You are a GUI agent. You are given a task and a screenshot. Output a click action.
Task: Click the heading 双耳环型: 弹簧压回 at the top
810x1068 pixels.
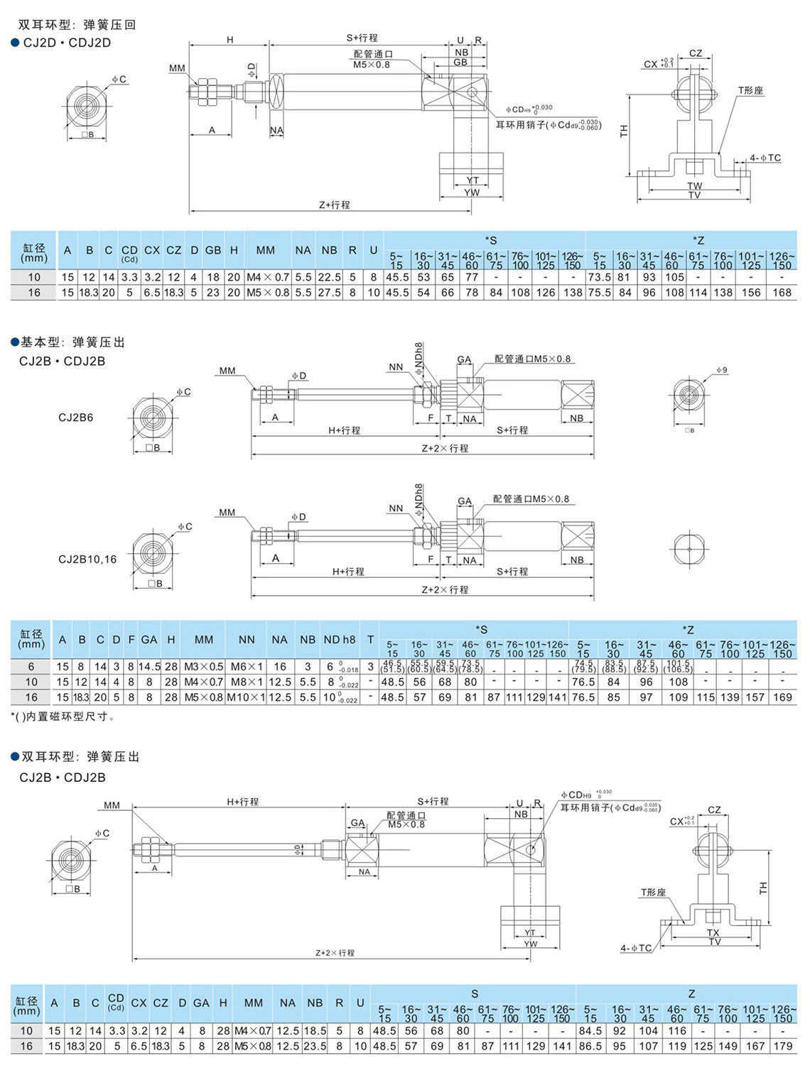click(x=77, y=25)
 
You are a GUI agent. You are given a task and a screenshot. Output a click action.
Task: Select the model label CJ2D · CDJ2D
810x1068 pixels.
click(x=67, y=43)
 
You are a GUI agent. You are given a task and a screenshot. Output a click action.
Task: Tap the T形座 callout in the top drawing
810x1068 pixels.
click(x=750, y=90)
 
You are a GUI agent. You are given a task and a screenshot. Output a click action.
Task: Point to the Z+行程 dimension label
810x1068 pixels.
click(x=334, y=205)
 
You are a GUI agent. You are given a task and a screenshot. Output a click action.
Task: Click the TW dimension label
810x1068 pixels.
click(x=694, y=186)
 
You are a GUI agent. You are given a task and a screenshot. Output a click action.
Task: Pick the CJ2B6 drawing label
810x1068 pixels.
click(x=75, y=418)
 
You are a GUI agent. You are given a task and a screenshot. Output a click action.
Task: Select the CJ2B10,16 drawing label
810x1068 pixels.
click(x=87, y=559)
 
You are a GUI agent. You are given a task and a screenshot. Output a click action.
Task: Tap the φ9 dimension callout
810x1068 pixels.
click(x=721, y=370)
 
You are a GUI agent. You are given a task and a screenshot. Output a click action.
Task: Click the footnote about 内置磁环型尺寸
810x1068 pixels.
click(x=63, y=716)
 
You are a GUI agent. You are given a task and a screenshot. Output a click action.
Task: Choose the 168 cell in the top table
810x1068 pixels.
click(x=782, y=293)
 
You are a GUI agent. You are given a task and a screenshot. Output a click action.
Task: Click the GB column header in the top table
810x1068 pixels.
click(x=213, y=250)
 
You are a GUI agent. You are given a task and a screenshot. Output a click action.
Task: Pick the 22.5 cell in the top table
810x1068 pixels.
click(x=329, y=277)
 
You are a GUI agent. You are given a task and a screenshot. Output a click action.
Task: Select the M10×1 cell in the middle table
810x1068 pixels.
click(x=246, y=697)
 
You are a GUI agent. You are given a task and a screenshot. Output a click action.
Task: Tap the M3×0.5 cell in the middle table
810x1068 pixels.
click(x=204, y=667)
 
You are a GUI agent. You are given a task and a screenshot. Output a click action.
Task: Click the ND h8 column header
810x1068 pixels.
click(x=339, y=640)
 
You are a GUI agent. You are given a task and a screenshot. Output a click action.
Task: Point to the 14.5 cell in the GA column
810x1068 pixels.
click(x=149, y=667)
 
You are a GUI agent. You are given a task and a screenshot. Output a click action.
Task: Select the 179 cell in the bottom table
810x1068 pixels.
click(x=782, y=1046)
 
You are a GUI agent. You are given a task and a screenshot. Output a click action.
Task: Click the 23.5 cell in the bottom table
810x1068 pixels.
click(x=314, y=1046)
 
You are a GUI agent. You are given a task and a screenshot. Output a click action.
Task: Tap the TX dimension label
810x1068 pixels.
click(x=713, y=932)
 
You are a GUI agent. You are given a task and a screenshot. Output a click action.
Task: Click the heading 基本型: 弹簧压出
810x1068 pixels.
click(x=72, y=342)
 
